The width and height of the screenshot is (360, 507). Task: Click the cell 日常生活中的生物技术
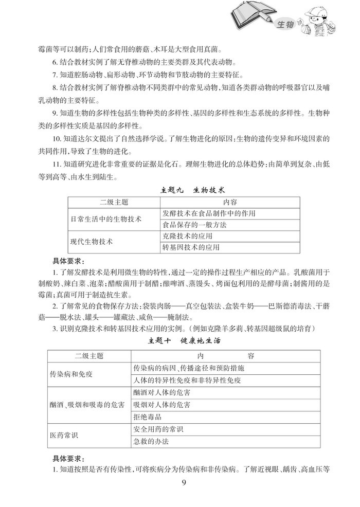point(107,219)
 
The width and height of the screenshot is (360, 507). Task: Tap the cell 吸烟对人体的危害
point(162,405)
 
